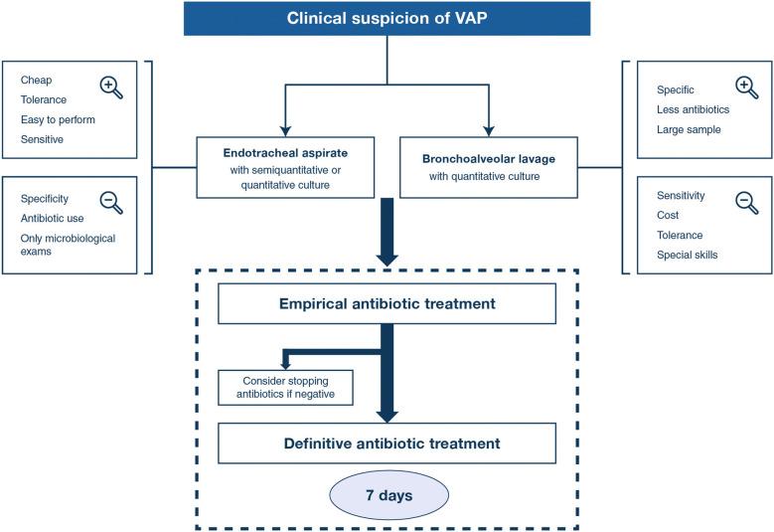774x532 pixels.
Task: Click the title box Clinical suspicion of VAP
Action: (387, 18)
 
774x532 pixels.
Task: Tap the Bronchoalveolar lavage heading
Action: (487, 157)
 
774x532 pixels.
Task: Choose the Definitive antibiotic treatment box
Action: (387, 443)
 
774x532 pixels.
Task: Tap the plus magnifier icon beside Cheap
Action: (112, 88)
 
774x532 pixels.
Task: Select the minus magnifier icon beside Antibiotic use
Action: (112, 203)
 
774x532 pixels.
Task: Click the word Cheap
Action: (36, 80)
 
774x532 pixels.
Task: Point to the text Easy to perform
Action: (58, 119)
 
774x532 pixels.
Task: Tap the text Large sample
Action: (690, 129)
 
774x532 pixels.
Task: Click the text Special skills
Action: (688, 256)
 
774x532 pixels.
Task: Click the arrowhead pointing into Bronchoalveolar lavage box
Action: (487, 129)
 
